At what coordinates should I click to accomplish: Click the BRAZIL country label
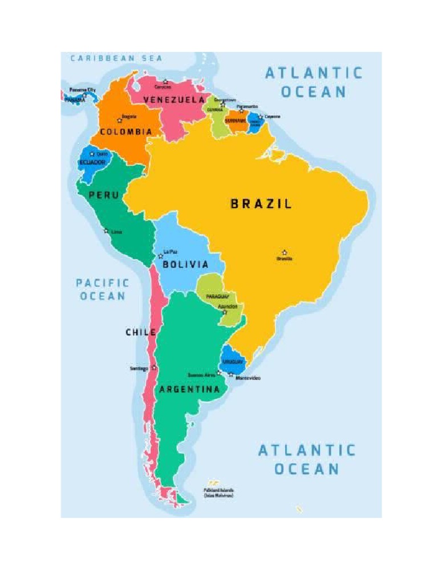261,204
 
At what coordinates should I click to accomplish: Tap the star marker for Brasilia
284,253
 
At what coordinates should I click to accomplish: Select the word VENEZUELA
174,100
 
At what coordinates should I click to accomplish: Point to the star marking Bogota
120,120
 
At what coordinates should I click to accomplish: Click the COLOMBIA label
126,132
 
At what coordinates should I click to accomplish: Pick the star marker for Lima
106,231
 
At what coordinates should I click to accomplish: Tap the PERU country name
104,195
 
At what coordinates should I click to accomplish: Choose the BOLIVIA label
185,265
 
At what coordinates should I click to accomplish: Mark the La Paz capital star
161,256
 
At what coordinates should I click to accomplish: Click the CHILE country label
141,332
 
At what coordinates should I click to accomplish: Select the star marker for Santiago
153,368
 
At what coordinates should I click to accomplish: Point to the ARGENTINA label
189,390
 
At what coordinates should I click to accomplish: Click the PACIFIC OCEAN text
103,289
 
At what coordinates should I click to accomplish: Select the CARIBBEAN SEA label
116,58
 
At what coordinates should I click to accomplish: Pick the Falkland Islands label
218,493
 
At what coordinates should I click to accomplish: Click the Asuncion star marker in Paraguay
224,312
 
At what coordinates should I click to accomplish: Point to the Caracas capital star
165,82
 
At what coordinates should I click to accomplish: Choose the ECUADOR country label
92,163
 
